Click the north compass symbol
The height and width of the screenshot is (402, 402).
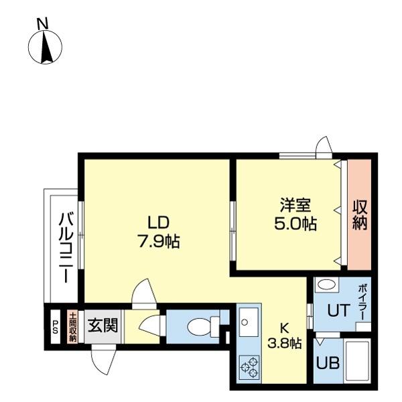tap(45, 48)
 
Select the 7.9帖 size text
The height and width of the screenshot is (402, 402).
tap(158, 241)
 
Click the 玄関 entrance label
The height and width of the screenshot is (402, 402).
tap(104, 326)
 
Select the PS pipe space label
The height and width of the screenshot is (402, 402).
tap(55, 328)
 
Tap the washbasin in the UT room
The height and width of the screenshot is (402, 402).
tap(328, 285)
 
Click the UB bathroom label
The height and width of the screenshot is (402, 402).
tap(328, 364)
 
